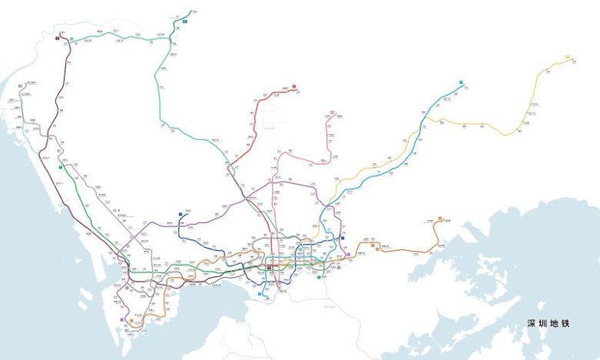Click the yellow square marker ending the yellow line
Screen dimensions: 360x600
click(567, 57)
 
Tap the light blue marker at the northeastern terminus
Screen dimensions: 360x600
click(462, 82)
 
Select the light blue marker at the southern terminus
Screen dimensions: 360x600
click(261, 294)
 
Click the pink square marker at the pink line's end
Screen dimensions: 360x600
click(332, 113)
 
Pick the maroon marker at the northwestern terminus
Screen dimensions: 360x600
click(58, 36)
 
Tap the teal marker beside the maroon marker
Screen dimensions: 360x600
click(72, 37)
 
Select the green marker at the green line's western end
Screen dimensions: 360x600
click(60, 167)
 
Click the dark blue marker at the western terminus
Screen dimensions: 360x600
click(179, 214)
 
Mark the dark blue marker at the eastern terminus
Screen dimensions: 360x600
click(342, 238)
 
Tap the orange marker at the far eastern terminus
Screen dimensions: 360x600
click(439, 218)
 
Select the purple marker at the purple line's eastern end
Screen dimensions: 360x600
click(347, 255)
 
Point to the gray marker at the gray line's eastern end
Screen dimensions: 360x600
click(338, 267)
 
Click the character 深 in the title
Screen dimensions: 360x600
click(531, 324)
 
